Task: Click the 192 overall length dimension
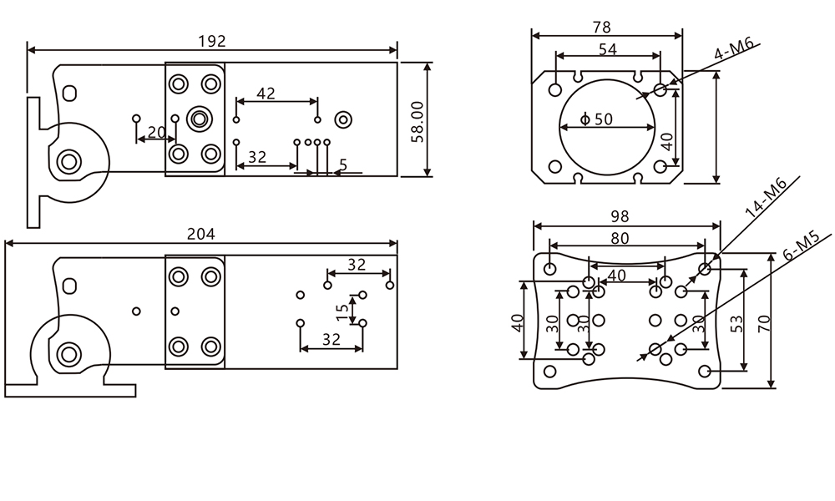[x=212, y=41]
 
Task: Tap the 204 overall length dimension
[x=200, y=235]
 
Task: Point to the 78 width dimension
[x=601, y=27]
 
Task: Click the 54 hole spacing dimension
[x=607, y=49]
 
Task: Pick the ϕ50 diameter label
[x=596, y=119]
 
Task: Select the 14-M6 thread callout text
[x=766, y=198]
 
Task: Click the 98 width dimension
[x=619, y=216]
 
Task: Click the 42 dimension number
[x=266, y=94]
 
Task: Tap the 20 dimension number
[x=156, y=132]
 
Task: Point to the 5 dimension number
[x=342, y=165]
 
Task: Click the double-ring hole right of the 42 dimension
[x=342, y=119]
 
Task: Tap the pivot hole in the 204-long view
[x=68, y=354]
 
